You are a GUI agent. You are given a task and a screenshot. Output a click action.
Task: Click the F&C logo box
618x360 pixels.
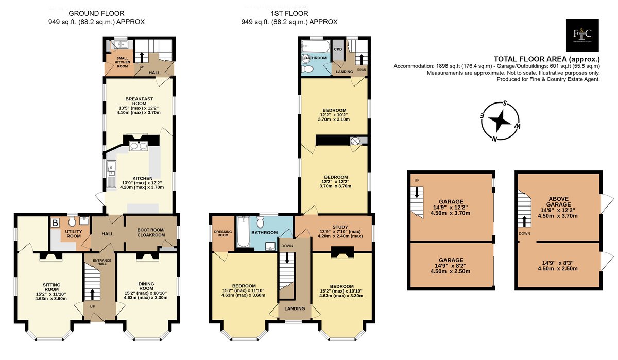(x=582, y=35)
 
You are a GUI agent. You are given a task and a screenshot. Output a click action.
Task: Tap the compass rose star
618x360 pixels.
(x=500, y=121)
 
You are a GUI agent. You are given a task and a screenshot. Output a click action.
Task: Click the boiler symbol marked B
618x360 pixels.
(x=56, y=222)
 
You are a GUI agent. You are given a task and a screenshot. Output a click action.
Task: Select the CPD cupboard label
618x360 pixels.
(x=338, y=49)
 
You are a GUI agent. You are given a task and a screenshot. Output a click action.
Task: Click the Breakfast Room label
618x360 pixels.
(x=139, y=101)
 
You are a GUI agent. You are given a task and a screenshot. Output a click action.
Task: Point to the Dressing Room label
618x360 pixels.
(x=223, y=233)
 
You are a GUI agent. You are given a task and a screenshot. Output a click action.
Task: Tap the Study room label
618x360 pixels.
(x=340, y=227)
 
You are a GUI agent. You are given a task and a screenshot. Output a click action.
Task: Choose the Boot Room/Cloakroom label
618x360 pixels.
(x=151, y=232)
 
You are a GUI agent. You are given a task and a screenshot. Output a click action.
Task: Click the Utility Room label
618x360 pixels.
(x=74, y=234)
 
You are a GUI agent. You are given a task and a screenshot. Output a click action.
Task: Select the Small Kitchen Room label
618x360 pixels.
(x=123, y=62)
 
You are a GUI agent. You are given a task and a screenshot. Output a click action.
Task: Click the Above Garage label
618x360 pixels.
(x=558, y=201)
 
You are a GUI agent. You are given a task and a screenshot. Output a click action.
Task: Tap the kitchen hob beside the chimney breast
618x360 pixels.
(x=139, y=146)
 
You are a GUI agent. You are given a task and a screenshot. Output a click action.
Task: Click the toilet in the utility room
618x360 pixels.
(x=72, y=221)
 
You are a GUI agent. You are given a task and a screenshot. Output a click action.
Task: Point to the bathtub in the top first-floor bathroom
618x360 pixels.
(x=316, y=46)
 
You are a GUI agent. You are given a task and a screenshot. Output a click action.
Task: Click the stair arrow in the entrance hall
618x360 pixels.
(x=92, y=294)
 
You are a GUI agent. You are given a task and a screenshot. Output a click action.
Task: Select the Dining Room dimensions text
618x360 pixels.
(x=146, y=295)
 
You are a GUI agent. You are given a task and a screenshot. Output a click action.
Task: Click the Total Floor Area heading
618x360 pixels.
(x=546, y=59)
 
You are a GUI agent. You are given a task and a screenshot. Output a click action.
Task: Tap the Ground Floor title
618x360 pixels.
(x=96, y=13)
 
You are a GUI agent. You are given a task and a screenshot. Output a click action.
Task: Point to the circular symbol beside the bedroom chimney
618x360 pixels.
(x=355, y=141)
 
